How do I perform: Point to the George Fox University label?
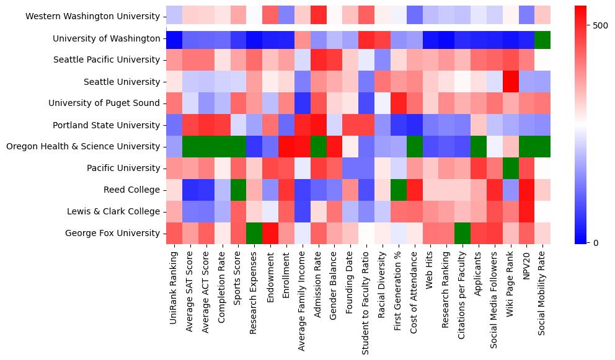[x=113, y=234]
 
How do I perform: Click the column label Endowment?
[x=270, y=270]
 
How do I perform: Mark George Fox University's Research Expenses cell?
[x=252, y=234]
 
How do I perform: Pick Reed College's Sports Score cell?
[x=236, y=190]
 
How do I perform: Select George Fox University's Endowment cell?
[x=268, y=234]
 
